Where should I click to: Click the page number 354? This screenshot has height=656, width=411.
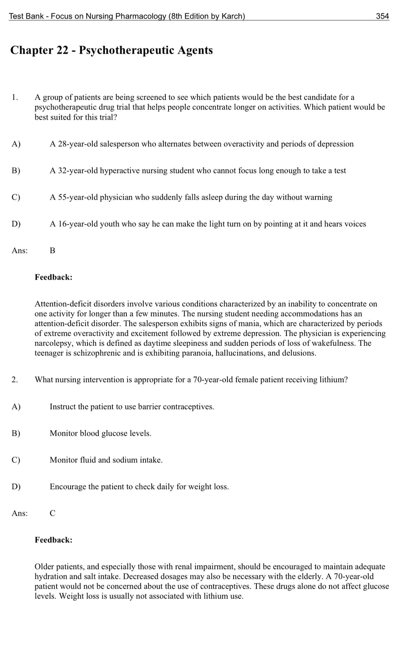click(382, 16)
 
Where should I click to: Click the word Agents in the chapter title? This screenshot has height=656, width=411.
click(195, 50)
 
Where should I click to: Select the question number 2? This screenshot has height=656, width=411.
click(14, 380)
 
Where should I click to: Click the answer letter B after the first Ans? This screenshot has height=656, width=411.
click(53, 251)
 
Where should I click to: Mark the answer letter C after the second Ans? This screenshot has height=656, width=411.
click(53, 513)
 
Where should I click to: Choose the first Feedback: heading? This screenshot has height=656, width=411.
click(53, 277)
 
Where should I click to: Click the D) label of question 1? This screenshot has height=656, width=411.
click(16, 224)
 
